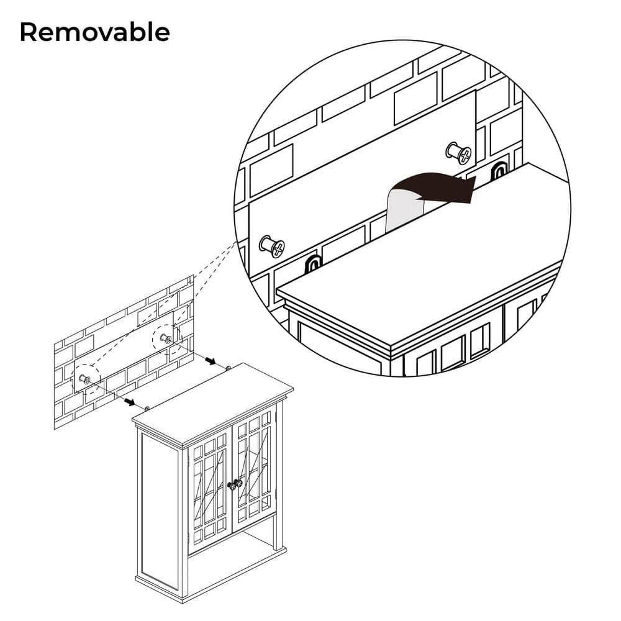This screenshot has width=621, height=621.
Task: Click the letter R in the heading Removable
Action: [x=29, y=32]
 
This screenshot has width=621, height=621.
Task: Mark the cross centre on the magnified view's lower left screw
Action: [x=278, y=248]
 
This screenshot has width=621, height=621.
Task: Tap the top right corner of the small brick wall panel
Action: [x=193, y=275]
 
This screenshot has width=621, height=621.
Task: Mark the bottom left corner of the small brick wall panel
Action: [x=54, y=430]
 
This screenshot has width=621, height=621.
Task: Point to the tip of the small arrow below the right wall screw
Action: [x=216, y=363]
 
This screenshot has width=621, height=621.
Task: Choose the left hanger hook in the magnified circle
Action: [x=312, y=264]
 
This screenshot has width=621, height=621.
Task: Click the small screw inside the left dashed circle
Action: [x=84, y=379]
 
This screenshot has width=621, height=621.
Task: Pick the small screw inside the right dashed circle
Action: [x=166, y=338]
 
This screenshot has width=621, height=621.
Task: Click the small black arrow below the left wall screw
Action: [x=130, y=402]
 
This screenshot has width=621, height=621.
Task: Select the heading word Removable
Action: [x=95, y=32]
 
